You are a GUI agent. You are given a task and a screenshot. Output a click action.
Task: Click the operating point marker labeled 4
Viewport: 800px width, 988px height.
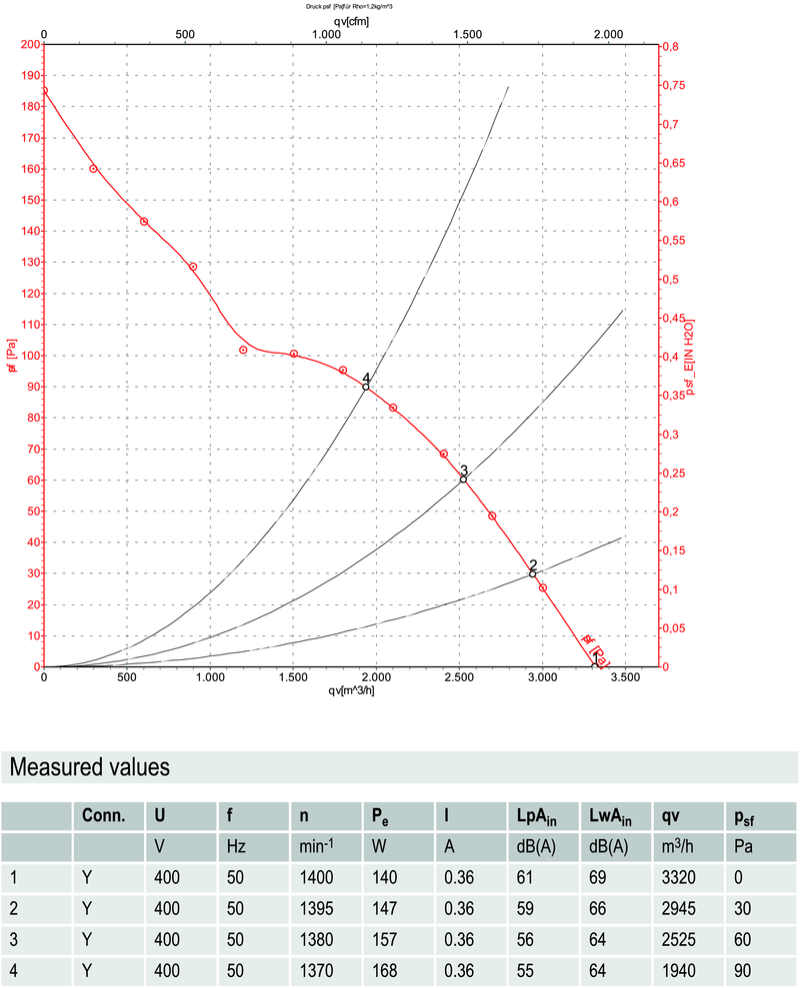pos(366,387)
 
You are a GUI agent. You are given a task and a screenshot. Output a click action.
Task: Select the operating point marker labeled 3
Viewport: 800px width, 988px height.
pos(463,480)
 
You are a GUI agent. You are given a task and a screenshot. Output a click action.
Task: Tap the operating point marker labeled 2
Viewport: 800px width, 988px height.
pos(533,573)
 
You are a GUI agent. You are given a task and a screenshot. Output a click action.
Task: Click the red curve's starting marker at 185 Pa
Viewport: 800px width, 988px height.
pos(44,91)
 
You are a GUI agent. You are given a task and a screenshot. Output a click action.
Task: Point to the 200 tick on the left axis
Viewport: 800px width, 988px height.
pos(28,45)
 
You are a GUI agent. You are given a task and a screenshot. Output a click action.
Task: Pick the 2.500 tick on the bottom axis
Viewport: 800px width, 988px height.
pos(458,678)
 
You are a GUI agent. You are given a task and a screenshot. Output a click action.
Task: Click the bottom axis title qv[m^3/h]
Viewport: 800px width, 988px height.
pos(350,690)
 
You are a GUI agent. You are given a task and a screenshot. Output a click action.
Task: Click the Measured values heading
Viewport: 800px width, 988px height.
pos(89,767)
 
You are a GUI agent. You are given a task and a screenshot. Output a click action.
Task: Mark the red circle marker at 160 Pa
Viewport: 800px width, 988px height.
pos(93,169)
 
